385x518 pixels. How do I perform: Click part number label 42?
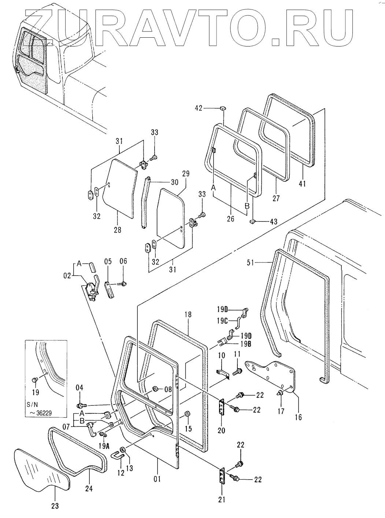tap(199, 108)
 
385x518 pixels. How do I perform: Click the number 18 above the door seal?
tap(188, 314)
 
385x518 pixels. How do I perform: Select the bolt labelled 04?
tap(81, 405)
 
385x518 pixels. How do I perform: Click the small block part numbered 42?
tap(222, 108)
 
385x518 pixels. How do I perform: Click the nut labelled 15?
tap(186, 414)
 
